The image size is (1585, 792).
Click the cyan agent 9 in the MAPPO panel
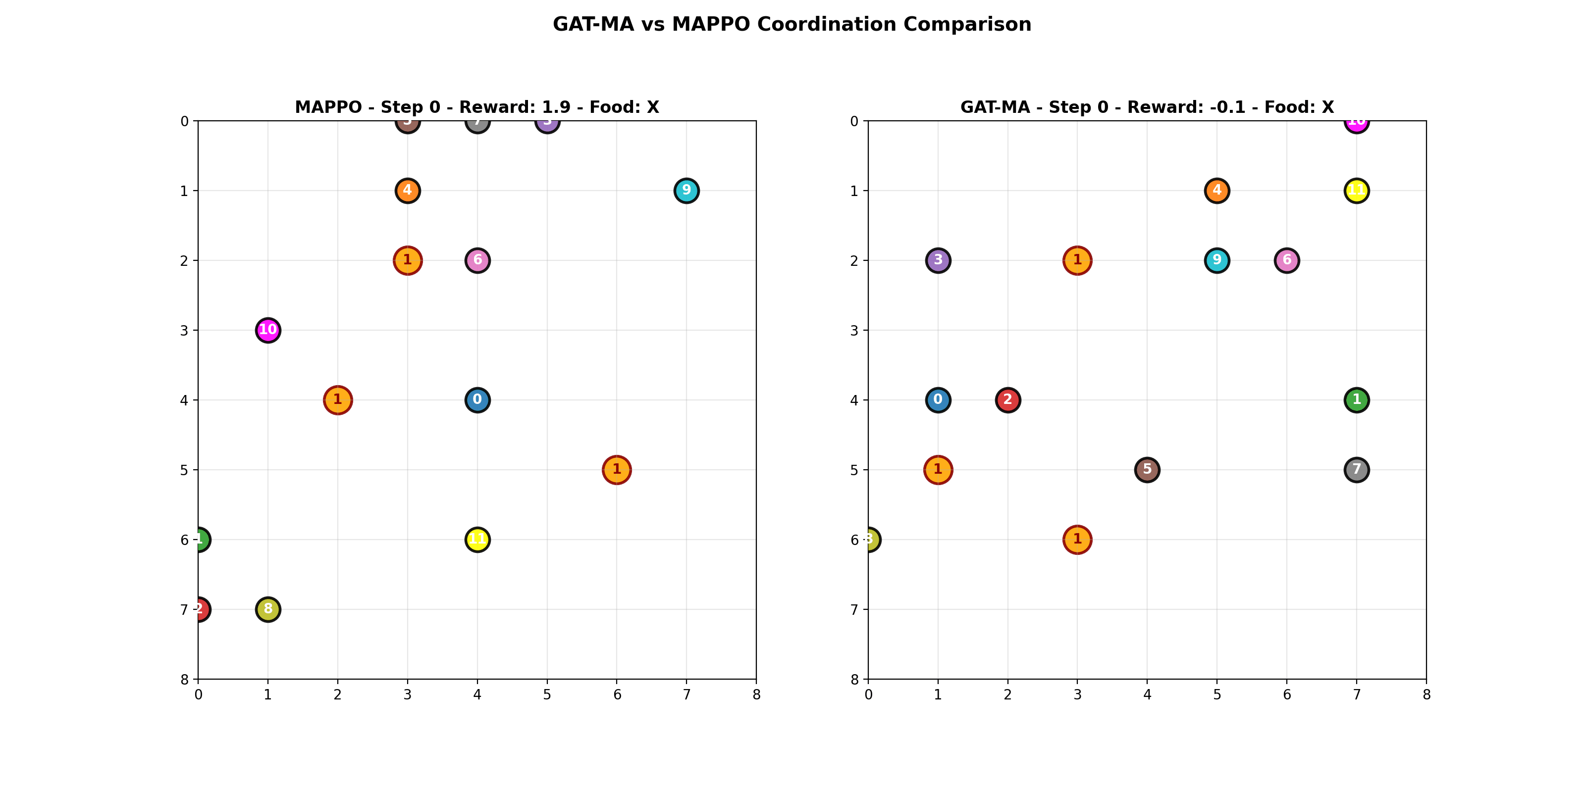click(686, 191)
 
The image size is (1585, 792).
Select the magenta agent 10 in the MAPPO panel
click(267, 330)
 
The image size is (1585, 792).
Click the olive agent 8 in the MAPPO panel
click(267, 609)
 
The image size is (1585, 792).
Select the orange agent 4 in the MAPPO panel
click(407, 191)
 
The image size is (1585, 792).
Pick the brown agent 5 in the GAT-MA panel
click(1147, 470)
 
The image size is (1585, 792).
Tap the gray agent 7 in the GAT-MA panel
click(1357, 470)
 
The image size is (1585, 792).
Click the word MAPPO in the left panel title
click(328, 107)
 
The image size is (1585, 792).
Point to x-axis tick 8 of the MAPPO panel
click(756, 695)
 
